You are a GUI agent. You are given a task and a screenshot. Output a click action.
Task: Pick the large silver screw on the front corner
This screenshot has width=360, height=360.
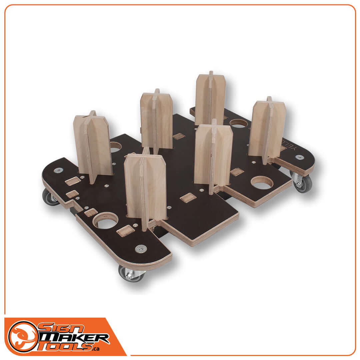tap(141, 248)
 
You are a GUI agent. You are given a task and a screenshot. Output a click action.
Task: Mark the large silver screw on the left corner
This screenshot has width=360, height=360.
tap(59, 170)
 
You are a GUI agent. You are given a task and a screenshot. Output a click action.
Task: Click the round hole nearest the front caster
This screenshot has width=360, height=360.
tap(106, 220)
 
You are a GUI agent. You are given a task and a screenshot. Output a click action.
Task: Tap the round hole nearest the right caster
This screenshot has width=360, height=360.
tap(262, 182)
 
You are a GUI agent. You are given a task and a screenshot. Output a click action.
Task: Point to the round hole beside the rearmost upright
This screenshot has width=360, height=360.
tap(239, 123)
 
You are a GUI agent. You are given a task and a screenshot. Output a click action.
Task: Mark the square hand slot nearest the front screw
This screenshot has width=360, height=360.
tap(125, 230)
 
